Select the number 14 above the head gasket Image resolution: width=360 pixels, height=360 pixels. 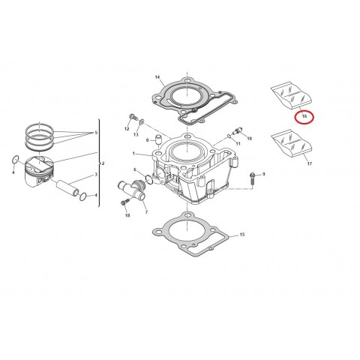click(x=157, y=77)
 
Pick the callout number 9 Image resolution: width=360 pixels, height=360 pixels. click(x=264, y=174)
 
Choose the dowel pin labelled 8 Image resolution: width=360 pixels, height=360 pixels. click(x=158, y=140)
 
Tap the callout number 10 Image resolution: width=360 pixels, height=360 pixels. click(x=249, y=139)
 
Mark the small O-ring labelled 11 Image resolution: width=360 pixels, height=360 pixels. click(x=227, y=136)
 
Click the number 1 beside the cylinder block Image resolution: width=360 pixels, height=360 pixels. click(x=133, y=154)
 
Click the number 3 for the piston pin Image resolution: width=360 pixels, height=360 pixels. click(x=95, y=175)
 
